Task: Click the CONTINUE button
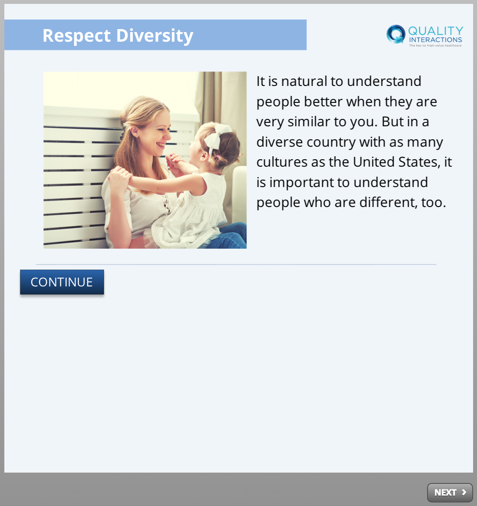point(62,282)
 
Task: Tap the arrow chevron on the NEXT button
point(464,493)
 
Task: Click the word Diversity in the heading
point(155,36)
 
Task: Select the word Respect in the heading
point(77,36)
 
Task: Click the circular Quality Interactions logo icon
point(396,34)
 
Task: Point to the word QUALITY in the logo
point(436,31)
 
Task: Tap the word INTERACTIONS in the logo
point(436,39)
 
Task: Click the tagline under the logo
point(435,46)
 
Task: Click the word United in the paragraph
point(374,162)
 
